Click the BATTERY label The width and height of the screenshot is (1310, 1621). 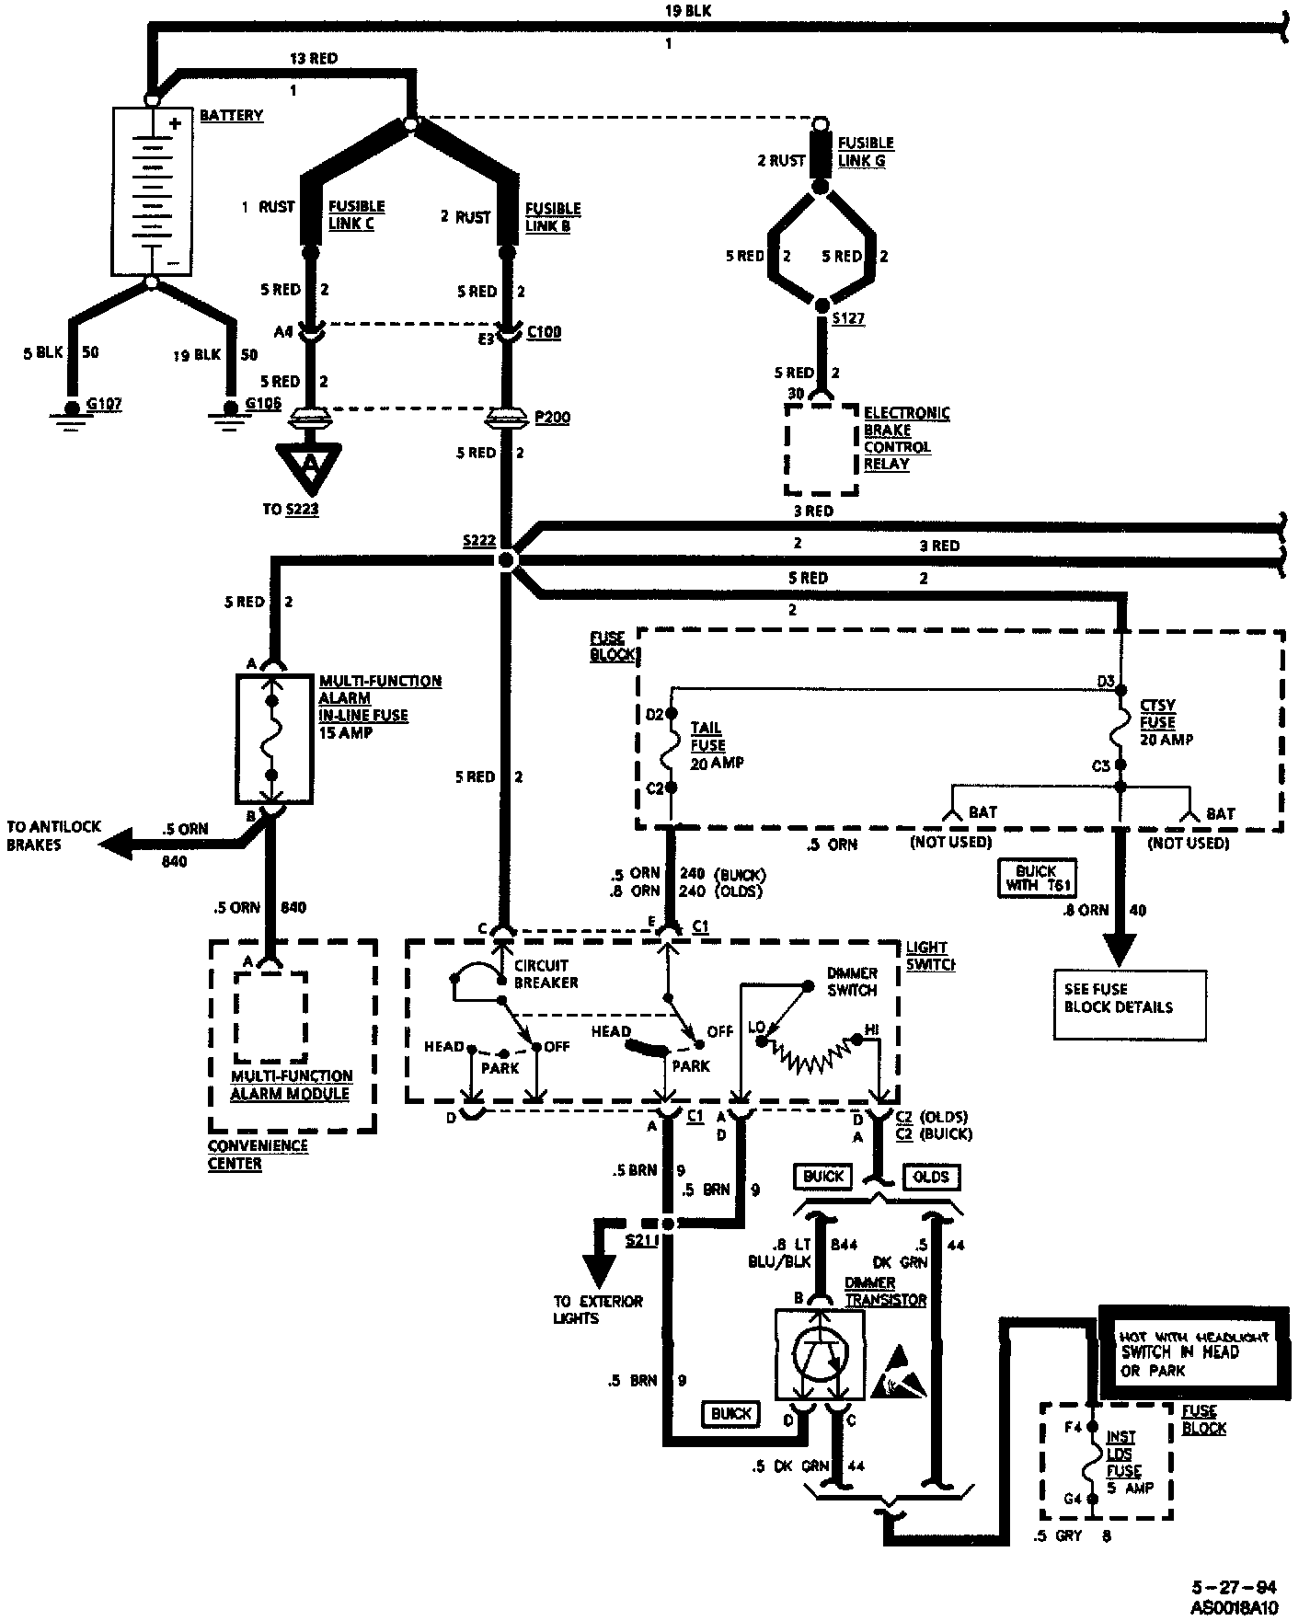pos(231,116)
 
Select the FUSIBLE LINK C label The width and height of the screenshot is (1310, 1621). pos(356,215)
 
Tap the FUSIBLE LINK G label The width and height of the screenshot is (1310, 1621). pos(866,152)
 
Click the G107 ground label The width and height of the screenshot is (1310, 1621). pos(103,404)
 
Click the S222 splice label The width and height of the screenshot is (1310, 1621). pos(479,541)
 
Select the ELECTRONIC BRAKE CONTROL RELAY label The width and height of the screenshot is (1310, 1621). pos(906,439)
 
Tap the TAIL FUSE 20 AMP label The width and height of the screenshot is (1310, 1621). pos(716,745)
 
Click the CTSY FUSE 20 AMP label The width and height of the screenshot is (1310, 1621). pos(1165,722)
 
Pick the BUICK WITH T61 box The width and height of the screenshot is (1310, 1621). pos(1037,878)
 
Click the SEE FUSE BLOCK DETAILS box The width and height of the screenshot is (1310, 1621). pos(1129,1005)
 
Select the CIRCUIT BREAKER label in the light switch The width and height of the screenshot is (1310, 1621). pos(546,974)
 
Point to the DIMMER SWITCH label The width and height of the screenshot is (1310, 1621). pos(852,982)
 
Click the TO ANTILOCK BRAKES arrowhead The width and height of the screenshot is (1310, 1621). pos(115,842)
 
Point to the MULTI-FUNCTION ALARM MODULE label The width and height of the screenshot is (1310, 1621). pos(291,1086)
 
